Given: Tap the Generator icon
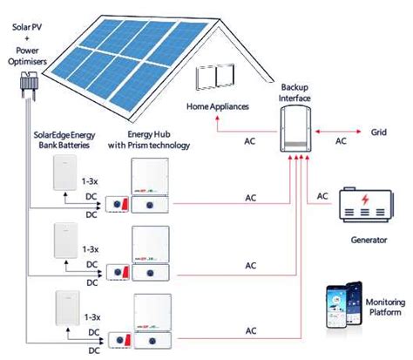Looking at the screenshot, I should [369, 207].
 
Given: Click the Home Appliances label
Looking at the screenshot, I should [218, 106].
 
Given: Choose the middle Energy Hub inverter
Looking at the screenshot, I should [156, 253].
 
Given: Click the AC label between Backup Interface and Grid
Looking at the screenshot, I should [341, 139].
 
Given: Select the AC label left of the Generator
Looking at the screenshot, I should [322, 196].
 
